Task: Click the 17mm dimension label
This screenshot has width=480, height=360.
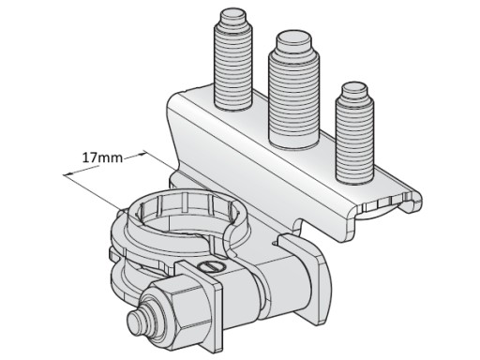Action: (x=102, y=157)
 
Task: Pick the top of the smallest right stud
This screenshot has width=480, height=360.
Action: (x=353, y=90)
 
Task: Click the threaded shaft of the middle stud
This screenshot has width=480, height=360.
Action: (x=293, y=100)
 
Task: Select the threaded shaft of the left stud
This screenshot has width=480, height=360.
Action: (x=233, y=67)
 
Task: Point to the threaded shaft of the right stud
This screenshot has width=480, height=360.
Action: (x=354, y=140)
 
